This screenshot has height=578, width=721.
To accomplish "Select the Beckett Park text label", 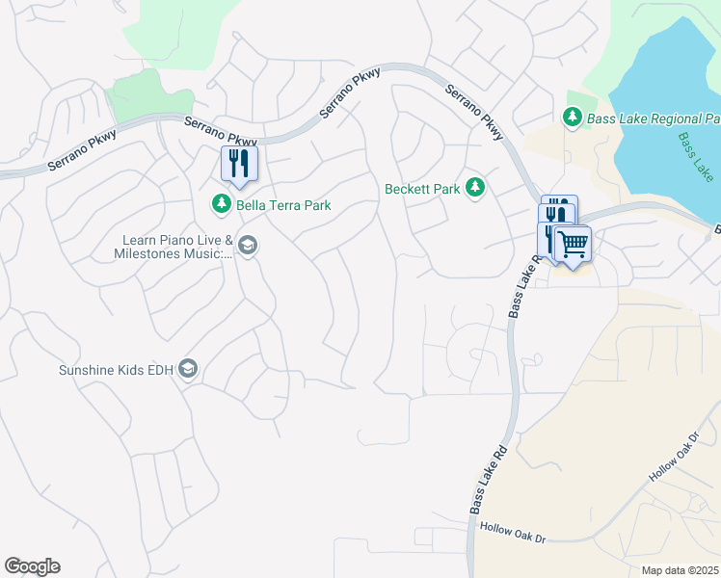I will click(x=422, y=189).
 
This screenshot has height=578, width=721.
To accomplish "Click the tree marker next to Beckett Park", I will click(x=474, y=188).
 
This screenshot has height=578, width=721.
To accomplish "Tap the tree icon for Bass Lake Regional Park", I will click(x=572, y=118).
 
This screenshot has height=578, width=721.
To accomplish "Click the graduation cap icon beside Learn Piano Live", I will click(x=248, y=247).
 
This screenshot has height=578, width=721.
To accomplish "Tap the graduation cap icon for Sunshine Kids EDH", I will click(x=188, y=370).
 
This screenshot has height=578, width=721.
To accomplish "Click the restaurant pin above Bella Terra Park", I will click(x=239, y=164).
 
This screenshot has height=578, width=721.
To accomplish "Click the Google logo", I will click(x=32, y=566).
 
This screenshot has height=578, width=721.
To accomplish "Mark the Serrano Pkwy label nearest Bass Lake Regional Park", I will click(x=473, y=113).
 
